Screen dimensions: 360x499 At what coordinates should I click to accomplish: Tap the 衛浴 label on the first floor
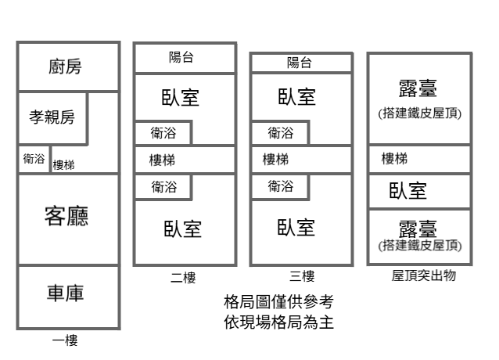pos(34,159)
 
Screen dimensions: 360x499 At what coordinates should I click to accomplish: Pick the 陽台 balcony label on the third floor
pos(298,63)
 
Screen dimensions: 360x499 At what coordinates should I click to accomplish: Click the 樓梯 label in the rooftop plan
pos(393,159)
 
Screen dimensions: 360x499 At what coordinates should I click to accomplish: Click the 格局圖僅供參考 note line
pos(278,301)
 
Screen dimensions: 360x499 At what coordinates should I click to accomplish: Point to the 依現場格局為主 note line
pos(278,321)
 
